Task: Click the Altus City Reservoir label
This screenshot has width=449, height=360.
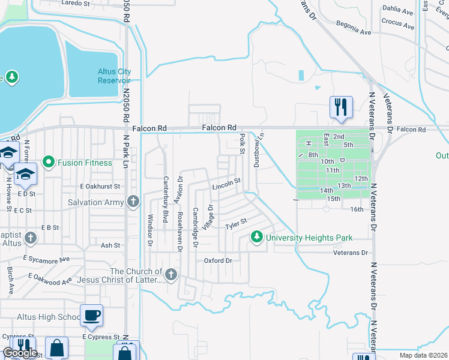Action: pos(114,76)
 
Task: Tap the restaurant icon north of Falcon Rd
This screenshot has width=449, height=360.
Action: pos(340,107)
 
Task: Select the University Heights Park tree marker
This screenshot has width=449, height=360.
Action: pos(257,238)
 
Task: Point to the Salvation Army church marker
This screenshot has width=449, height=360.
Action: pos(133,202)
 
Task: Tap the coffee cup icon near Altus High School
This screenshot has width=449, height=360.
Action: pos(91,315)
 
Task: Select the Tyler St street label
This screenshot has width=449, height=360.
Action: pos(236,225)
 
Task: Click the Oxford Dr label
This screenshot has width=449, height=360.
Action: pos(218,260)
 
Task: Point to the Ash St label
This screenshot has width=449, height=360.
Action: pos(110,245)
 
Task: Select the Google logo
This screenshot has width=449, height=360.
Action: pos(20,353)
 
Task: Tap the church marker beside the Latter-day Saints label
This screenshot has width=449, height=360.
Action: pos(171,275)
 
